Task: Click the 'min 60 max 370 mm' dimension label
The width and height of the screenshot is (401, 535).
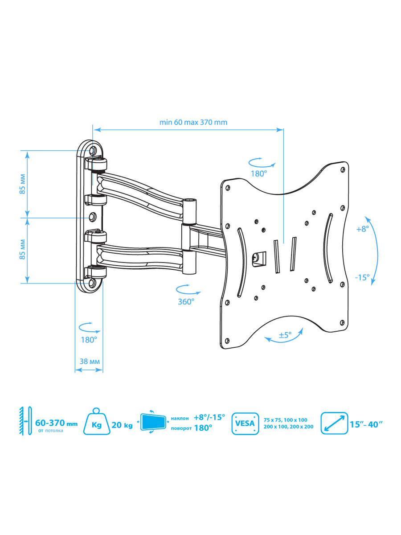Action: (x=193, y=122)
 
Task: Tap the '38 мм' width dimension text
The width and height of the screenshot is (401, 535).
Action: (x=90, y=361)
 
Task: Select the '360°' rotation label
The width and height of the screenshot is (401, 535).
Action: (x=186, y=302)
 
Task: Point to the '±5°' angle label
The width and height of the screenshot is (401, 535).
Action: (x=285, y=335)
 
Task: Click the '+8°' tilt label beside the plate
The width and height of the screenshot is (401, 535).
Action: (x=363, y=229)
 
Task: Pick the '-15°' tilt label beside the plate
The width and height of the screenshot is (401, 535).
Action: (x=362, y=277)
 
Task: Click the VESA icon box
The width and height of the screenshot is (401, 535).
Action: (x=245, y=424)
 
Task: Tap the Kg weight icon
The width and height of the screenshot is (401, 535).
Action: (x=96, y=422)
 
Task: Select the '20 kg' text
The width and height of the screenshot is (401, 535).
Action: (x=122, y=425)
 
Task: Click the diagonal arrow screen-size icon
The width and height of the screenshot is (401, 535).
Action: (x=334, y=423)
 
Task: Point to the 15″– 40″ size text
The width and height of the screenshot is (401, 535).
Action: (x=366, y=424)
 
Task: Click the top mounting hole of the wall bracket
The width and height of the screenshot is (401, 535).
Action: (x=92, y=151)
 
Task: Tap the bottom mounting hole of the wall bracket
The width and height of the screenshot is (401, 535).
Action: (x=92, y=283)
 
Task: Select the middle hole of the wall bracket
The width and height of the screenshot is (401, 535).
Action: (x=93, y=217)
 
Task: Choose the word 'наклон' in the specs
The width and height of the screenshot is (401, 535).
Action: (x=180, y=418)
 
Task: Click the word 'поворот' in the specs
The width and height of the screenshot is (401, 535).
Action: (x=181, y=428)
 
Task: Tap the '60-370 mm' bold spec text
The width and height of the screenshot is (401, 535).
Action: (x=56, y=423)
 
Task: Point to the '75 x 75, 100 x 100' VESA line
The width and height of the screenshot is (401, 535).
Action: (x=285, y=420)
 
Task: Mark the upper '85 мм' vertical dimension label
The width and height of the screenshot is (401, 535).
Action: (x=22, y=184)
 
